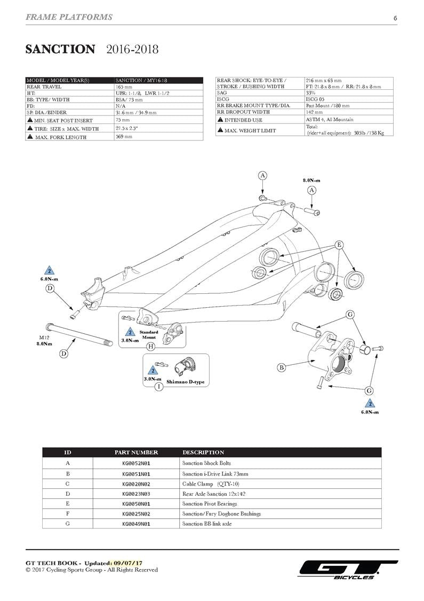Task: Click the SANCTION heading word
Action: point(60,50)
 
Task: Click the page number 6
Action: point(395,18)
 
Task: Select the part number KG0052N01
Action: point(136,463)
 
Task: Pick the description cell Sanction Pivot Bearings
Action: point(210,504)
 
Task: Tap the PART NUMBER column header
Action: point(136,452)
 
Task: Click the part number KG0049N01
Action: point(136,524)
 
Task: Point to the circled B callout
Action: point(281,367)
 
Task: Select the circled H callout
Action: point(150,346)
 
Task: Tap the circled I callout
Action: point(158,386)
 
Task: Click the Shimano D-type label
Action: point(185,382)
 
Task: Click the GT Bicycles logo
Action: point(348,569)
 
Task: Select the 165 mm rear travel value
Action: point(124,87)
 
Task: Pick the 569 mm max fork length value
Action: point(124,137)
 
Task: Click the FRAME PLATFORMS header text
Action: point(69,17)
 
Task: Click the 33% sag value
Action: point(311,93)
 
